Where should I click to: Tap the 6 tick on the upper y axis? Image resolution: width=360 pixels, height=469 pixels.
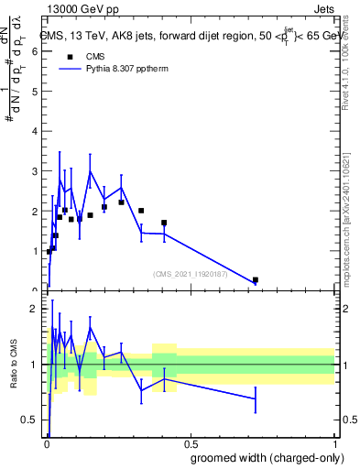pos(35,52)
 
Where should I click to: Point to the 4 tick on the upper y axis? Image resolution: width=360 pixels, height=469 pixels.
pos(35,132)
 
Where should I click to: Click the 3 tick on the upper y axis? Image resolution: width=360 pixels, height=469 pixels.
pos(35,171)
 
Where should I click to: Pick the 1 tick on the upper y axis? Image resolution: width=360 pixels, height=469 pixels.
pos(35,251)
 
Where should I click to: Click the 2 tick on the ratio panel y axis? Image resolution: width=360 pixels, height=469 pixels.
pos(35,309)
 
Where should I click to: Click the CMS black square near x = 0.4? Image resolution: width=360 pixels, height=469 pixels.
pos(164,223)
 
